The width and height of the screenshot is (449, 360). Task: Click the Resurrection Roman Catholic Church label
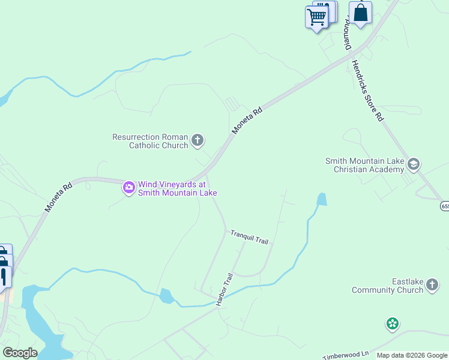[150, 141]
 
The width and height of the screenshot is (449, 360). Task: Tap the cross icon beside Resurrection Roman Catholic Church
[197, 141]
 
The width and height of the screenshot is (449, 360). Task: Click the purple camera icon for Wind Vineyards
[129, 188]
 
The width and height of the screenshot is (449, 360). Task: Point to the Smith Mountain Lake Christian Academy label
[364, 165]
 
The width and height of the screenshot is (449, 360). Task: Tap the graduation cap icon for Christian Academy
[413, 164]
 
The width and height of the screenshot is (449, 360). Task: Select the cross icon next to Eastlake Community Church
[432, 286]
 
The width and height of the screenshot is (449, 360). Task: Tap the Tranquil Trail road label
[249, 238]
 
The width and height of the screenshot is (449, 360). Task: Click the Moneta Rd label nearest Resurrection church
[247, 120]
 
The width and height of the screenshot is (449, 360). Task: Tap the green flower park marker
[393, 325]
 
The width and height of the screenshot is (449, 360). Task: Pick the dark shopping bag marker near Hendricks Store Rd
[360, 13]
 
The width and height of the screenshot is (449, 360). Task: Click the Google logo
[20, 353]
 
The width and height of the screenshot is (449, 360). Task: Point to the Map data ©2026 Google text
[412, 355]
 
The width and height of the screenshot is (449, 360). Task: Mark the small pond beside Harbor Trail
[166, 296]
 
